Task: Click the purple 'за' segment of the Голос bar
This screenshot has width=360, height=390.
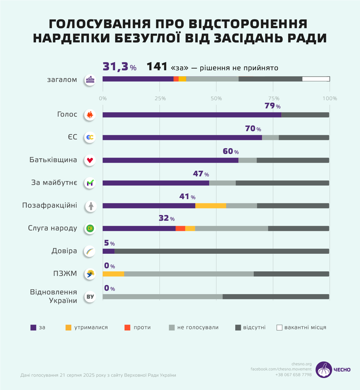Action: click(x=192, y=115)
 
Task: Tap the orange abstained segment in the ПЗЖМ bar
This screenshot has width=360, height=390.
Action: click(x=113, y=274)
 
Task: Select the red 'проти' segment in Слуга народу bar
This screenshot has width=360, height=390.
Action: click(x=180, y=228)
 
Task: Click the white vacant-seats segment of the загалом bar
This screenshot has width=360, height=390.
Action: click(x=316, y=79)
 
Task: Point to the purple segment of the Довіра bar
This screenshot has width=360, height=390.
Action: click(x=109, y=251)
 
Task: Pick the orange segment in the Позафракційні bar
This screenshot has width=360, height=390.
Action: click(x=211, y=206)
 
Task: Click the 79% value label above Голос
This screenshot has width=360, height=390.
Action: click(x=272, y=106)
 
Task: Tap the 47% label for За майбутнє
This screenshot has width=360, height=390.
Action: click(x=201, y=174)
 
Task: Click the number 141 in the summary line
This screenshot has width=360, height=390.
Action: click(x=157, y=67)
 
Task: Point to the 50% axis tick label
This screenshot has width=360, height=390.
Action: click(x=216, y=98)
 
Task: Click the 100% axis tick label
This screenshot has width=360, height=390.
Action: click(x=330, y=98)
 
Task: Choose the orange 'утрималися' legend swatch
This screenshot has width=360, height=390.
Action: click(x=68, y=328)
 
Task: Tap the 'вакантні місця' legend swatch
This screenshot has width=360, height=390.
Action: click(x=279, y=328)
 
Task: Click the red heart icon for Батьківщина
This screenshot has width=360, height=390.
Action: click(x=90, y=160)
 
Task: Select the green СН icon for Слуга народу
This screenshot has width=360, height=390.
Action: click(x=90, y=228)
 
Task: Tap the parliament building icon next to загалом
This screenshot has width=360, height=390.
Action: click(x=90, y=80)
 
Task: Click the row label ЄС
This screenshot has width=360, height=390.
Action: click(x=72, y=137)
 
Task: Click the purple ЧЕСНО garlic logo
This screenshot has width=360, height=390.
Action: click(x=324, y=370)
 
